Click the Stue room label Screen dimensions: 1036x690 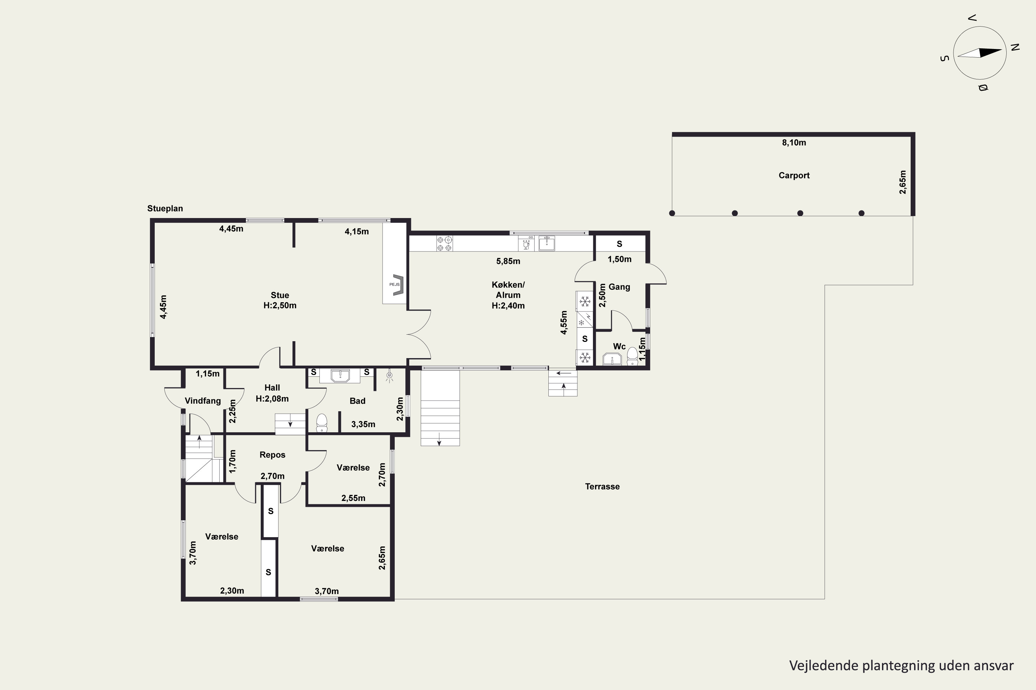coord(280,295)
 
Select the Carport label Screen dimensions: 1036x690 coord(794,176)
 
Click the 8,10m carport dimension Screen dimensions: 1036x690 coord(794,142)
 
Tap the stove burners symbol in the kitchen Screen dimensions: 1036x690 coord(444,243)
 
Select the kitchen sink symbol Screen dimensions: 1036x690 coord(547,243)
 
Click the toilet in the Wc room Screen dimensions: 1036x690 coord(632,356)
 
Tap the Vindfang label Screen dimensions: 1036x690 coord(203,401)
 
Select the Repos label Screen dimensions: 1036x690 coord(272,455)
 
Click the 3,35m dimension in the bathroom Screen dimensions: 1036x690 coord(363,425)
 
